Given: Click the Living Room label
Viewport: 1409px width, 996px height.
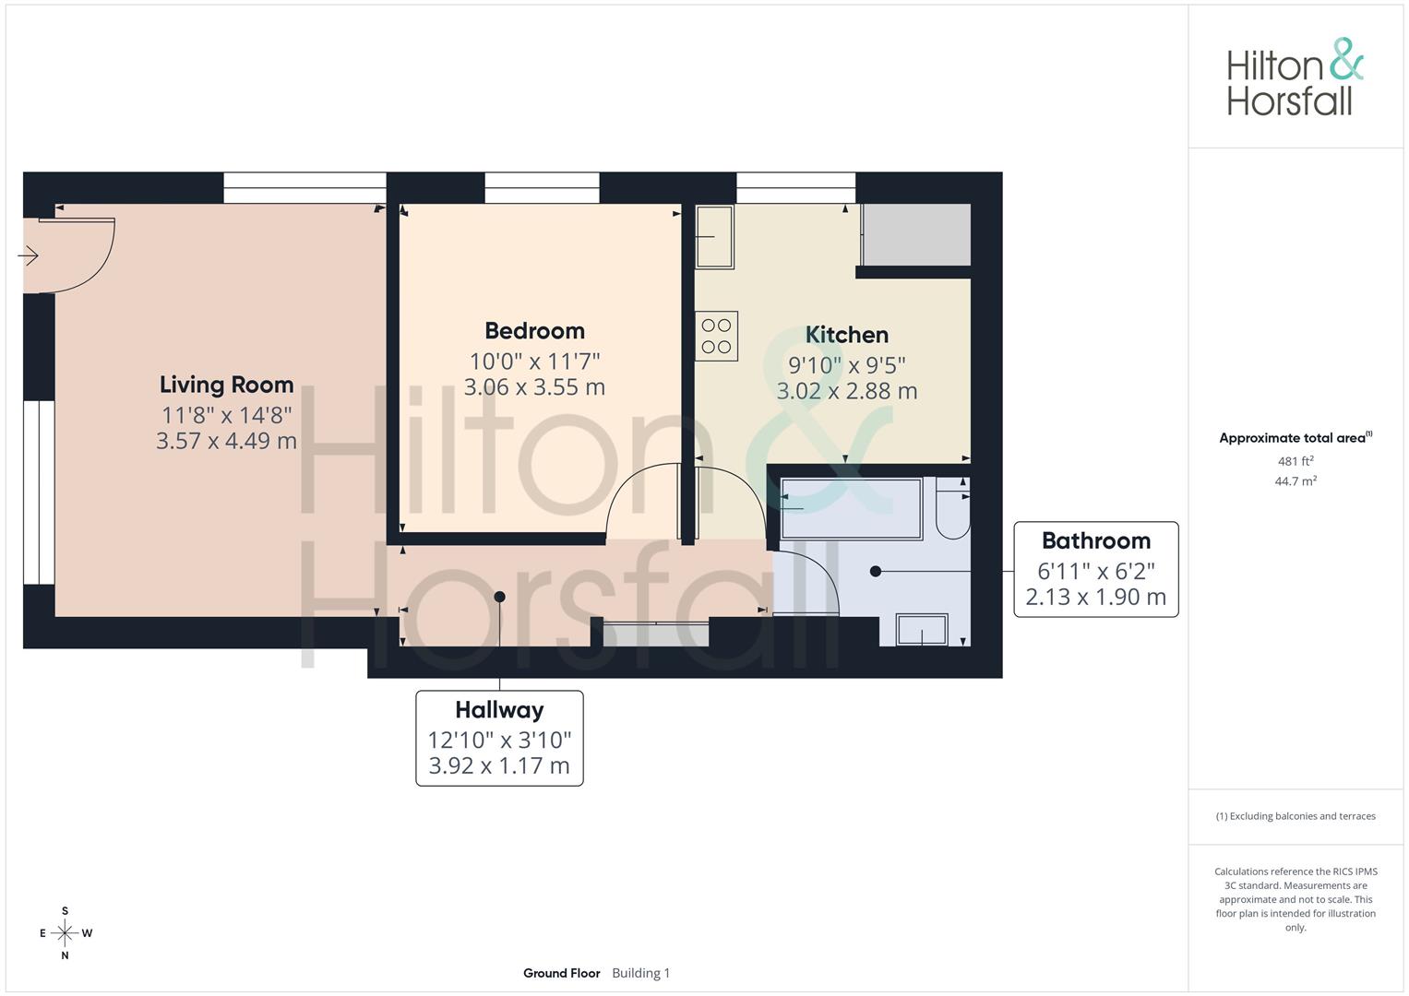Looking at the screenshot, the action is click(226, 385).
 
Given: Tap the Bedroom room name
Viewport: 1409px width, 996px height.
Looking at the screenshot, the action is click(534, 331).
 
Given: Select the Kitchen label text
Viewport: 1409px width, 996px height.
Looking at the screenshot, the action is click(847, 335).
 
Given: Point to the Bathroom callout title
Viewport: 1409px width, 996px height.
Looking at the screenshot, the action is click(1096, 540).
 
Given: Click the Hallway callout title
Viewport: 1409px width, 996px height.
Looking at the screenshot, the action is click(499, 710).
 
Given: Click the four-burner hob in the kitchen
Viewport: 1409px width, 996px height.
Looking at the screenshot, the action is click(716, 336).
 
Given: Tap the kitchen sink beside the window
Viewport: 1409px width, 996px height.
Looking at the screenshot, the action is click(715, 237).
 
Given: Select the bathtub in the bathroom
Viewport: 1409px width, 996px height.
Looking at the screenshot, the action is click(852, 509).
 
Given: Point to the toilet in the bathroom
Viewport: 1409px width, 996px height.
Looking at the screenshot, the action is click(953, 508).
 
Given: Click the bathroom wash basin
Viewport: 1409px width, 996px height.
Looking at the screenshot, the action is click(922, 629).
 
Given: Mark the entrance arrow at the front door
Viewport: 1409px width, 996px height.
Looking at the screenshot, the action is click(29, 256).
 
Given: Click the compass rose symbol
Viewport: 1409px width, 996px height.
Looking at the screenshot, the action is click(65, 933).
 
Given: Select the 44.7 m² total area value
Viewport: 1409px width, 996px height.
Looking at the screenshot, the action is click(1296, 481).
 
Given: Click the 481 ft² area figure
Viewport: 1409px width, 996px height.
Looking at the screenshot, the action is click(1296, 461).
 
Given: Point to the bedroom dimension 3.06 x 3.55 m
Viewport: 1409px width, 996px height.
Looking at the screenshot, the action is click(534, 387).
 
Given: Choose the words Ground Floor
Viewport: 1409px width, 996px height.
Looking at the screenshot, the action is click(562, 973).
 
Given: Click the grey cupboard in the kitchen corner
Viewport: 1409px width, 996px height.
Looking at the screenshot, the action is click(916, 234).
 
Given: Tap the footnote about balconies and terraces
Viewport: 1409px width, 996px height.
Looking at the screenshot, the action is click(1296, 816).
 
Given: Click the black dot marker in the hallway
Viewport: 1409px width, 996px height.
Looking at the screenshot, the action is click(499, 597).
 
